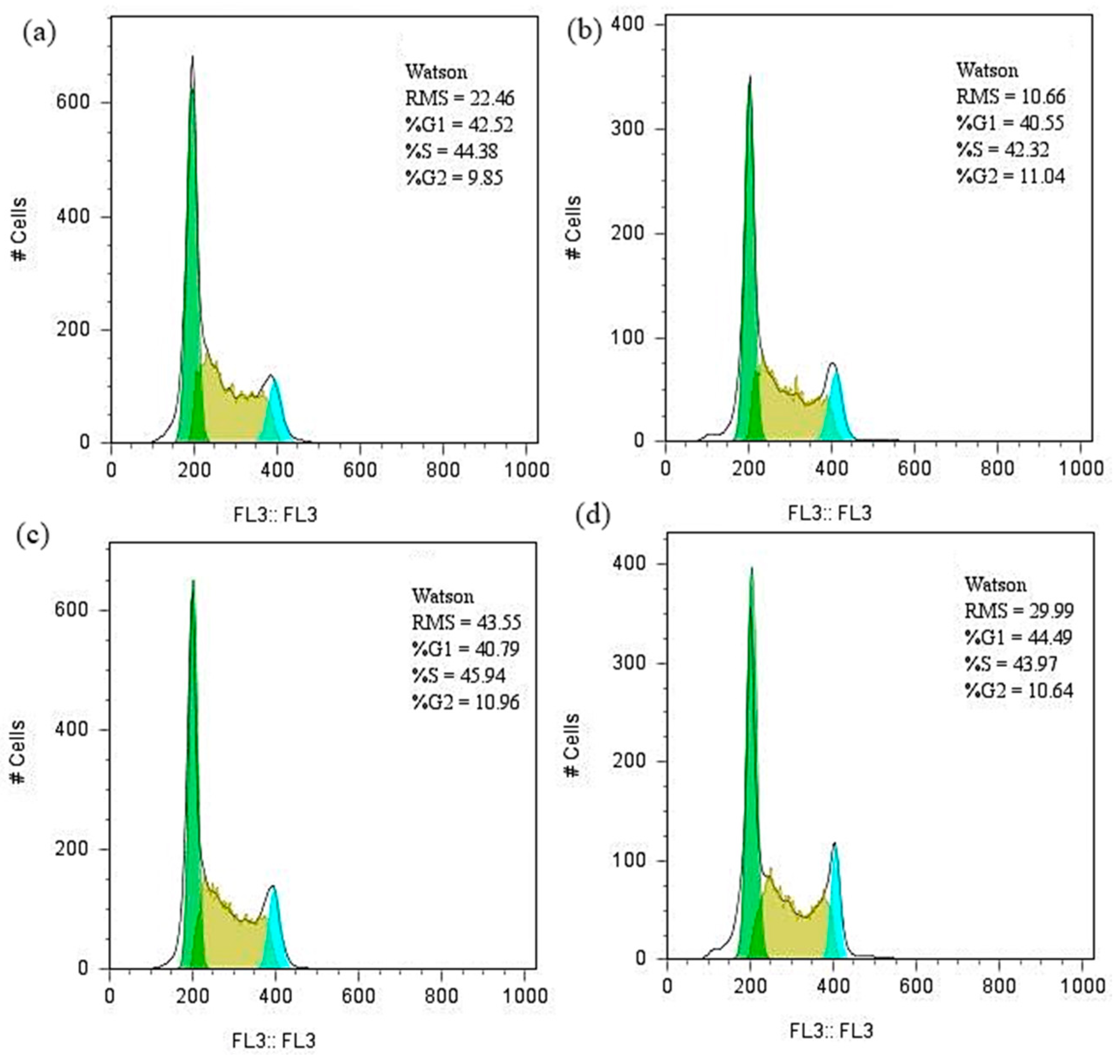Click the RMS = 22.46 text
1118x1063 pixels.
[459, 99]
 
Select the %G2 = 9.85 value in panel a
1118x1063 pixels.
[454, 178]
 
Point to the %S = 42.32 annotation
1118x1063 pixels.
[1003, 150]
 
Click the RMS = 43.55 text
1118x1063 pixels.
[466, 623]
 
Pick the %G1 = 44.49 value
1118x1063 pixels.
[1018, 637]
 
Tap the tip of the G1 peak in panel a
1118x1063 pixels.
[193, 58]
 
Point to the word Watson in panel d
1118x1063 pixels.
[996, 584]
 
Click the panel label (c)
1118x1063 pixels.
[33, 535]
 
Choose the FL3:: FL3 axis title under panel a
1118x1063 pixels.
[275, 514]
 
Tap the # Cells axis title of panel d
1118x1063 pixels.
[573, 745]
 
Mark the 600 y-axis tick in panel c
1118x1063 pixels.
[71, 610]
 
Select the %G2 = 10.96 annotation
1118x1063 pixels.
[466, 702]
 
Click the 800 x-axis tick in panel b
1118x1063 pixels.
[997, 468]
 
